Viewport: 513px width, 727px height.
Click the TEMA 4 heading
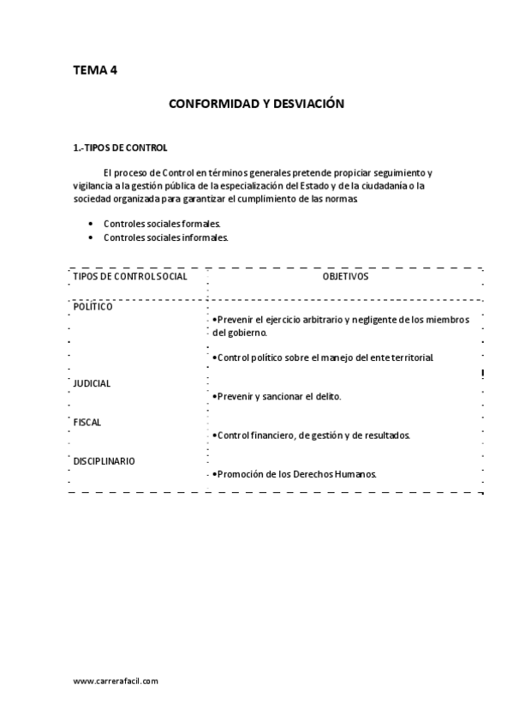pos(95,70)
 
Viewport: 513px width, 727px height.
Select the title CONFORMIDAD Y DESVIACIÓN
pos(256,104)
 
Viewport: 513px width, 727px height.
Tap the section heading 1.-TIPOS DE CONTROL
pos(120,147)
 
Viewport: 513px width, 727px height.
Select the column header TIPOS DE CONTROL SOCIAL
pos(130,276)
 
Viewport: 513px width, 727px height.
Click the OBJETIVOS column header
pos(345,276)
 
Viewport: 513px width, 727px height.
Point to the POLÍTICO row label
pos(92,306)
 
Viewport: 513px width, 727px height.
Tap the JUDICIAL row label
pos(92,383)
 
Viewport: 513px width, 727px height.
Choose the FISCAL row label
pos(87,422)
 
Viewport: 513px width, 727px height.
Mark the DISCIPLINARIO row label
pos(104,460)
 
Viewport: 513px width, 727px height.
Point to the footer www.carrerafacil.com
pos(116,681)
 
